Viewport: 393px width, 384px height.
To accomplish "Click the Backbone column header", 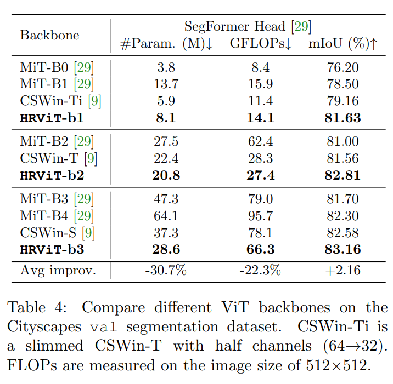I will (49, 35).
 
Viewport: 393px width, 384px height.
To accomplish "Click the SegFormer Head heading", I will (248, 26).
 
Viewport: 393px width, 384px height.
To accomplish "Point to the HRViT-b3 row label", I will (52, 250).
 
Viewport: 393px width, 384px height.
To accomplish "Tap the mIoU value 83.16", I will (343, 250).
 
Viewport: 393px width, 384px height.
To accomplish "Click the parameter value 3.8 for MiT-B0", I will (166, 68).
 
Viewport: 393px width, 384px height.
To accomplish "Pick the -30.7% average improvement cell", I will (166, 270).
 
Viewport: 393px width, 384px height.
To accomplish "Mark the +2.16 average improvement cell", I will (343, 270).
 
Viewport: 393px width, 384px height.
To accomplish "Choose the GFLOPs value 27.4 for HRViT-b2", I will (260, 175).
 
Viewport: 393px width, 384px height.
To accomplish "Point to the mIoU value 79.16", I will (343, 101).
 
